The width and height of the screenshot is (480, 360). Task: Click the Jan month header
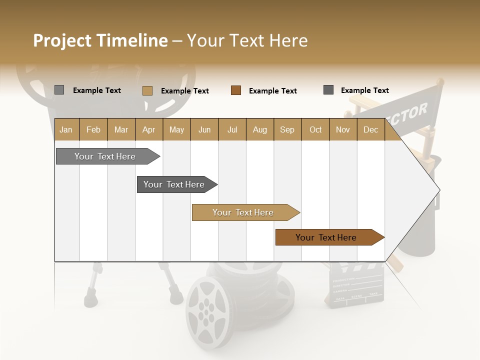click(x=66, y=129)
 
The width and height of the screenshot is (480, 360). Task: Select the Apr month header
click(x=149, y=129)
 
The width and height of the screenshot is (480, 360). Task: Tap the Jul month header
click(x=232, y=129)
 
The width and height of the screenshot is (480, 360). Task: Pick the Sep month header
click(x=287, y=129)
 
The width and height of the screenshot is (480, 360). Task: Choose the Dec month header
click(x=370, y=129)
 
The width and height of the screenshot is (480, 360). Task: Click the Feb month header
click(x=93, y=129)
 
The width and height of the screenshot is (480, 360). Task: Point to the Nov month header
click(x=343, y=129)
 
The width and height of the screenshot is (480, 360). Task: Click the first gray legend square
click(x=59, y=90)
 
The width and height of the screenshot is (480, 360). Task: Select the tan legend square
click(x=147, y=90)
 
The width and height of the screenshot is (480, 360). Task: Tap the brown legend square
click(x=236, y=90)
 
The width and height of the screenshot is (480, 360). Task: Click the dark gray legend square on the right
click(x=328, y=90)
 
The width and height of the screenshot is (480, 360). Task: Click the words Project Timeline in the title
click(x=100, y=40)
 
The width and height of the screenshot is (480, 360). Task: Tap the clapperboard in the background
click(x=356, y=287)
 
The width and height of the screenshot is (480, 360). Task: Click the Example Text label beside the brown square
click(x=273, y=91)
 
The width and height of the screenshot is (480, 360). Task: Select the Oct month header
click(x=315, y=129)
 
